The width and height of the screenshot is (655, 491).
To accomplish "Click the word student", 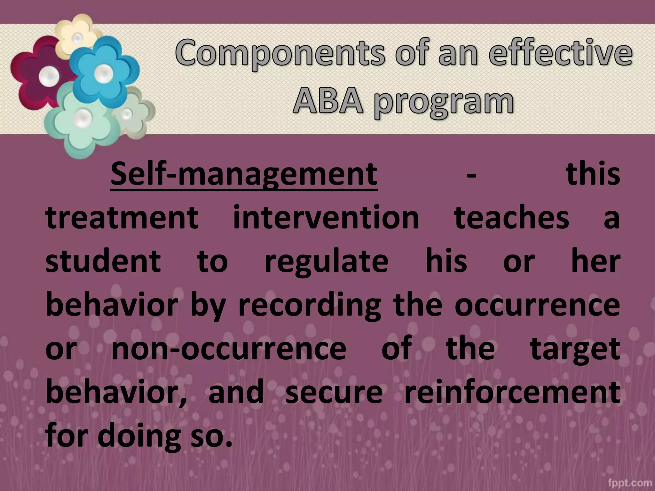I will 103,261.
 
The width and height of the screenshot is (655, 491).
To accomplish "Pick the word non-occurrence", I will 229,348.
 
